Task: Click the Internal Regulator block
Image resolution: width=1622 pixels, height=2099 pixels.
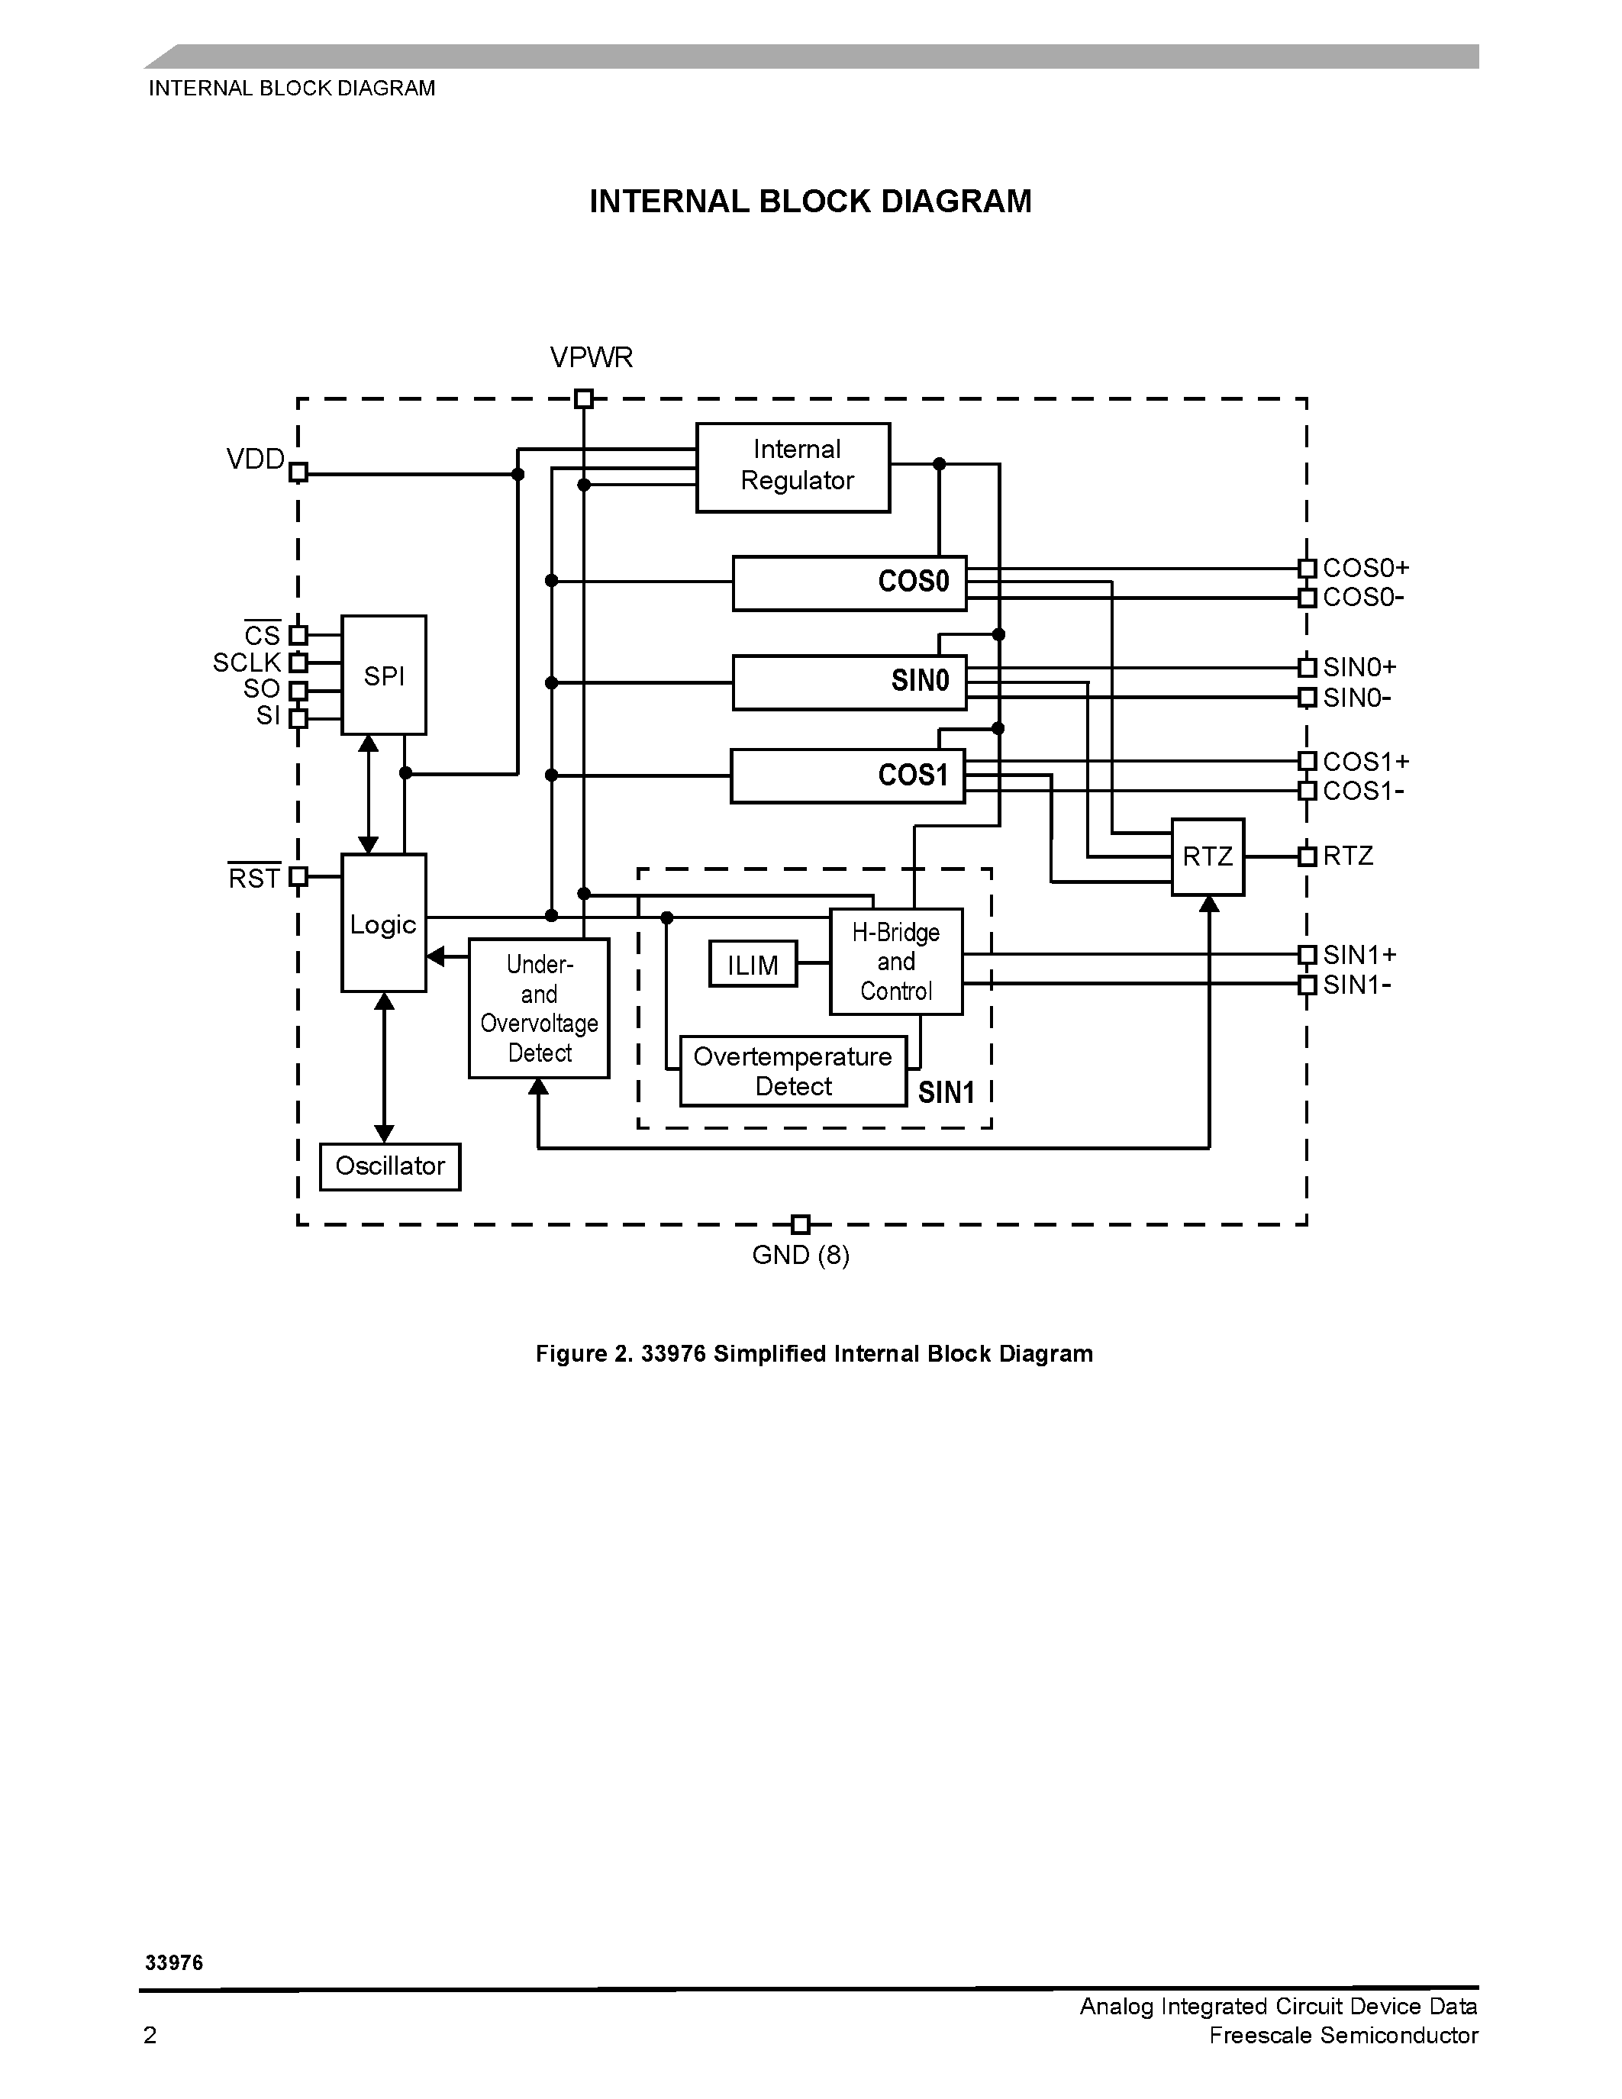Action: click(793, 467)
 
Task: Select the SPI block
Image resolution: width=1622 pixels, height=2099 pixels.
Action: click(383, 675)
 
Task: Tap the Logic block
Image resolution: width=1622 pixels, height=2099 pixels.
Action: click(383, 924)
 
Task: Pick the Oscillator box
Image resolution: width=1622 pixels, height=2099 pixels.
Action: click(390, 1167)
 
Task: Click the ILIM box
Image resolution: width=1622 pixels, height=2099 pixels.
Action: click(753, 964)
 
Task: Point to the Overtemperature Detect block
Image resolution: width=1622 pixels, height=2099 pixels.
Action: click(793, 1072)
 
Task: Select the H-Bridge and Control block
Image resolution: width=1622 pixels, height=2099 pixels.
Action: click(895, 962)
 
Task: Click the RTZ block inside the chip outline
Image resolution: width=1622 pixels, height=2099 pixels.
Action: click(1207, 857)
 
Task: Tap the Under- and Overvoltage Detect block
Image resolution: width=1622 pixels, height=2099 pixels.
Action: click(539, 1008)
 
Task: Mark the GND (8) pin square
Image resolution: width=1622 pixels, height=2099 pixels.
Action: click(799, 1224)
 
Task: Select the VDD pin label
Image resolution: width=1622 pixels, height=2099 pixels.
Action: click(256, 459)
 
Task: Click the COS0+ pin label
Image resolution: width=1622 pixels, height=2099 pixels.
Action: click(1366, 568)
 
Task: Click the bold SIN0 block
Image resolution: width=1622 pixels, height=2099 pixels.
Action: click(850, 682)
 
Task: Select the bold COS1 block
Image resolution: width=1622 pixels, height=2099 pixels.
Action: click(847, 775)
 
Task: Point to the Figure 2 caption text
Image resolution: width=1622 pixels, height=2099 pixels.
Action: click(814, 1354)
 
